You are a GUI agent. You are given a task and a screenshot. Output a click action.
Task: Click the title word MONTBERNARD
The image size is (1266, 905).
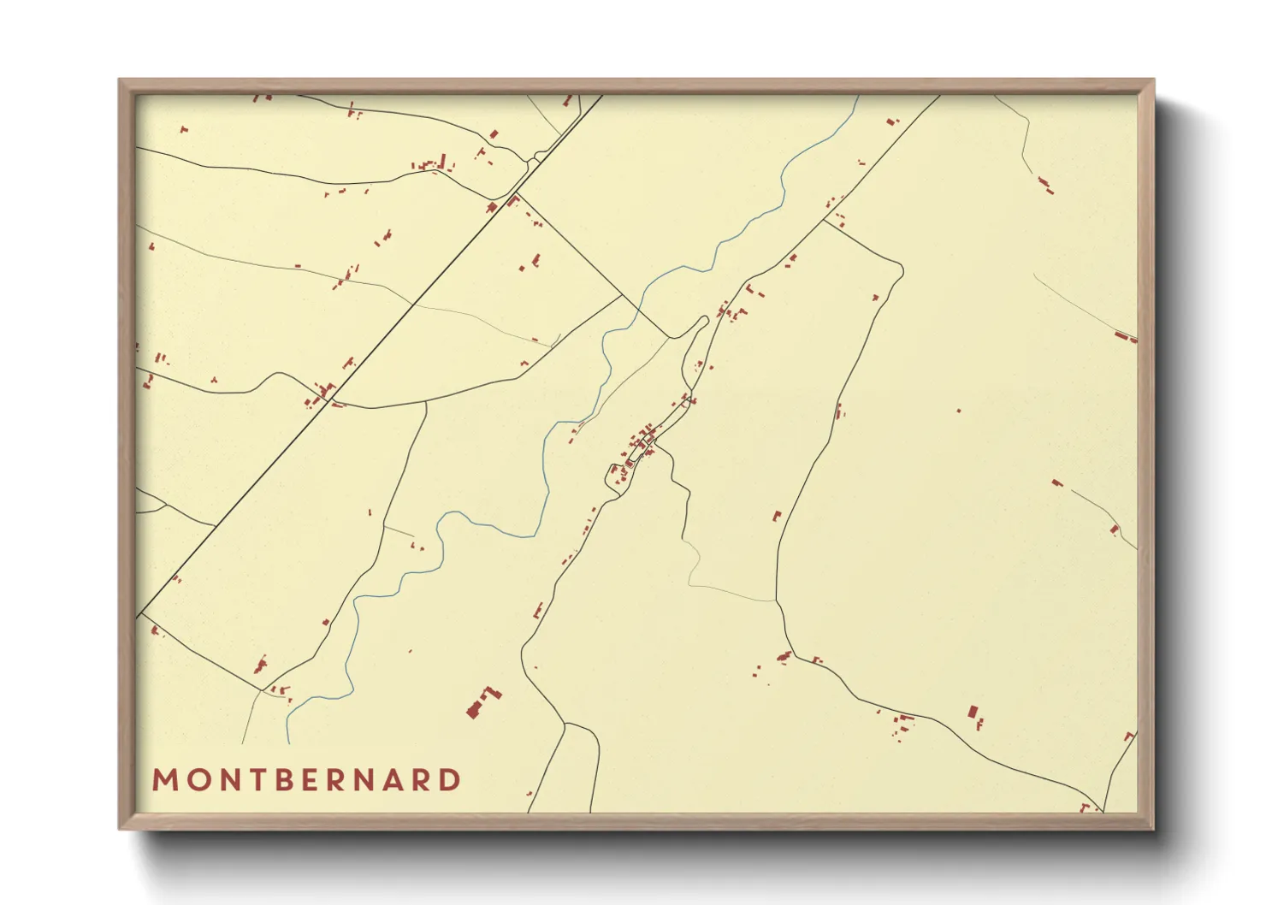coord(306,780)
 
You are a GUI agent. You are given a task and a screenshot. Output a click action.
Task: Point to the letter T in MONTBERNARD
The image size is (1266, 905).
coord(254,780)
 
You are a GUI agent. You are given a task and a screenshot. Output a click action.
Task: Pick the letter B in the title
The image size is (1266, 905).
coord(282,780)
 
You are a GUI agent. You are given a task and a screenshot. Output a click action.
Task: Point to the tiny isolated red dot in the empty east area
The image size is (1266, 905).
coord(958,411)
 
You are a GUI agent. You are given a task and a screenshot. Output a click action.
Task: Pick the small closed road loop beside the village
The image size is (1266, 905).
coord(617,477)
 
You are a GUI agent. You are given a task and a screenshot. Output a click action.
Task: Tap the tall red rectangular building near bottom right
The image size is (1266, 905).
coord(973,712)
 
